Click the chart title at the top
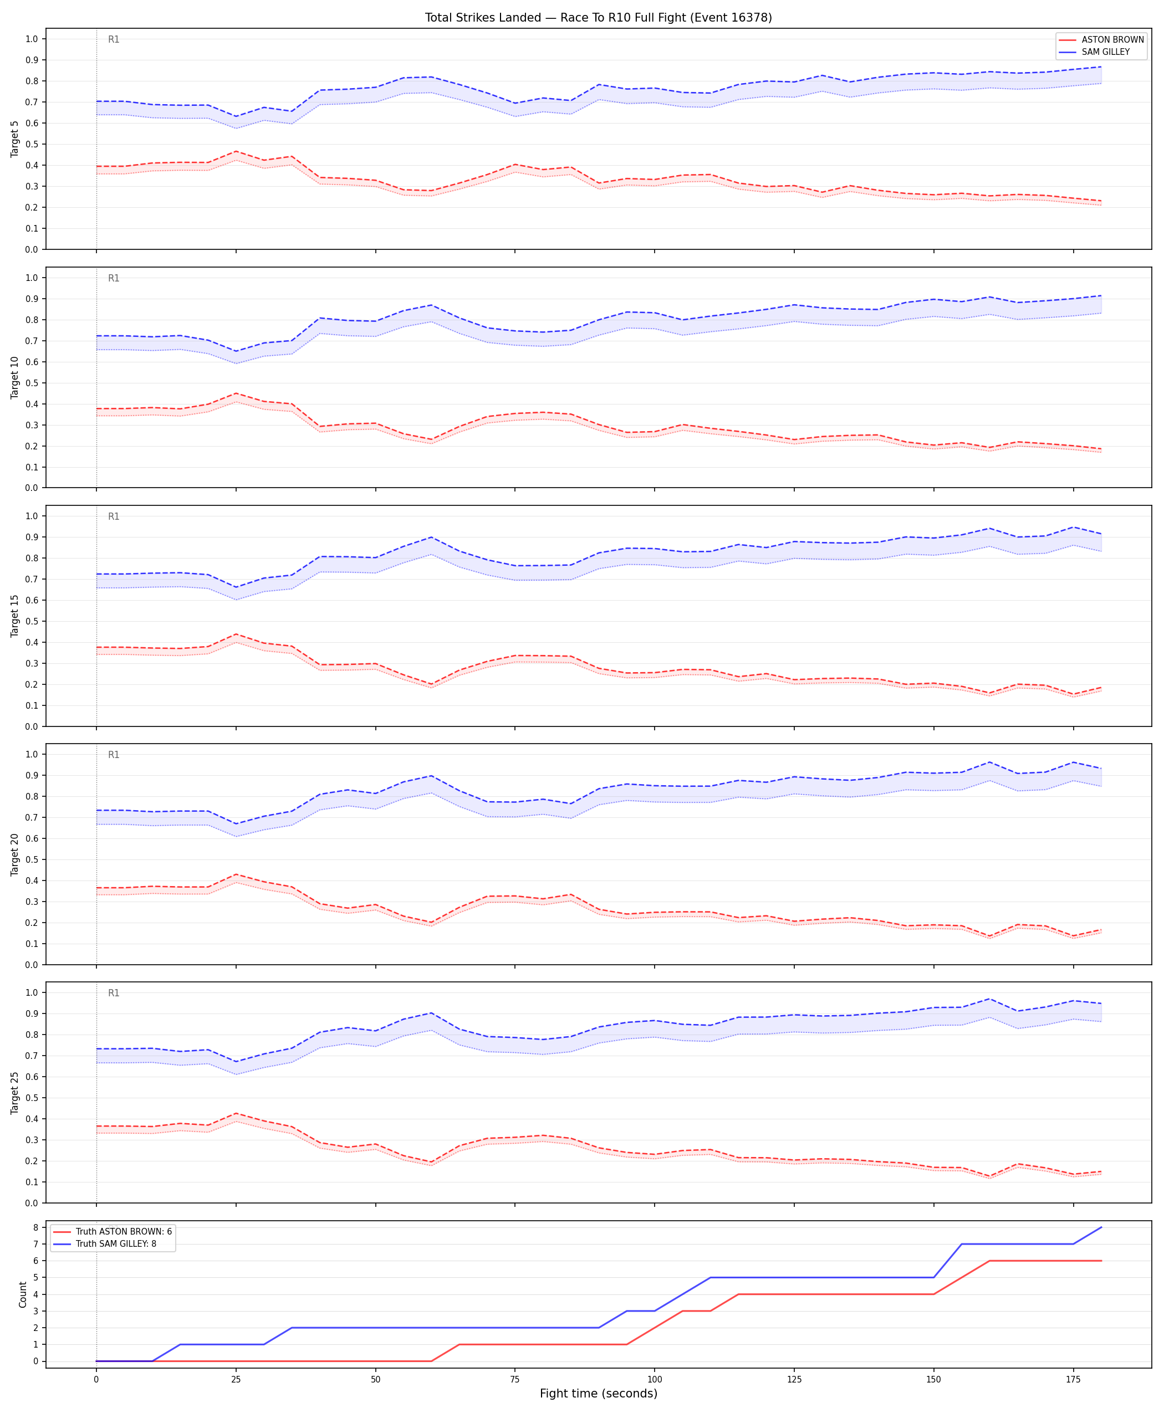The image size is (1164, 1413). click(598, 17)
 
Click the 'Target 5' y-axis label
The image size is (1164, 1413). click(15, 139)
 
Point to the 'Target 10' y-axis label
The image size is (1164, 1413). click(15, 377)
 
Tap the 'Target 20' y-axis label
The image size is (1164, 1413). click(15, 854)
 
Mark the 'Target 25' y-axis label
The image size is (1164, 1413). click(15, 1093)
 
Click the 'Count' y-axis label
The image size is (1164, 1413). click(23, 1294)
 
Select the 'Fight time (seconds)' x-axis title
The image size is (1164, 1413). click(598, 1394)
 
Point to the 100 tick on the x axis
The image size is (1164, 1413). click(655, 1380)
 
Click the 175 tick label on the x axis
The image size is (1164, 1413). click(1074, 1380)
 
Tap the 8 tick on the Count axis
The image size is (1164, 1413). click(34, 1227)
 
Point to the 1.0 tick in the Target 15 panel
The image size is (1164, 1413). click(32, 516)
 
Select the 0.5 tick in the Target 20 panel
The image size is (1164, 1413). click(32, 859)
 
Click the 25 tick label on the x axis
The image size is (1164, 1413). click(236, 1380)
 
